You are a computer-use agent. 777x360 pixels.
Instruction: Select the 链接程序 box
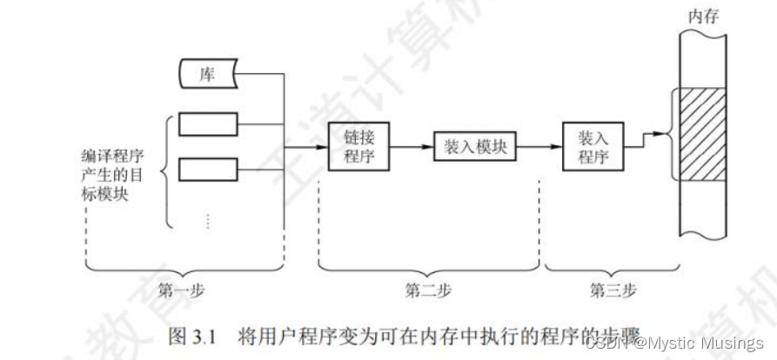click(x=358, y=146)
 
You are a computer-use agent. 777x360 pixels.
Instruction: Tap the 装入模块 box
click(x=469, y=147)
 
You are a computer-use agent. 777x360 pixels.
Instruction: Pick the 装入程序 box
click(x=593, y=146)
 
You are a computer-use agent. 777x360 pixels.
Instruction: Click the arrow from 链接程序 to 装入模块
click(x=411, y=147)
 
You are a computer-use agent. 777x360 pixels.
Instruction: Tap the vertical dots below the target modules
click(x=208, y=221)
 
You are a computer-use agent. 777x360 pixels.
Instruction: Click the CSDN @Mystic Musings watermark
click(x=674, y=343)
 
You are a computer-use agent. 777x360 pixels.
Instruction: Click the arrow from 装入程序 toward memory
click(x=644, y=139)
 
